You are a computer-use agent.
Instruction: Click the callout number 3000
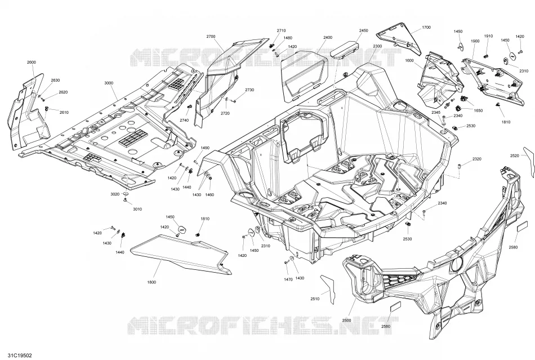pos(109,83)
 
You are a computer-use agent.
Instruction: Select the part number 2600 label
pos(31,62)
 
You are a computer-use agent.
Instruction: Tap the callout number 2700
pos(211,36)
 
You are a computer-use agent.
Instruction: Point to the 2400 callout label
pos(328,37)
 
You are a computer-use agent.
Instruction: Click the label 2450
pos(363,30)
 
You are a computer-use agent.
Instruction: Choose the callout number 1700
pos(426,27)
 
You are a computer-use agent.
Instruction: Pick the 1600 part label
pos(409,60)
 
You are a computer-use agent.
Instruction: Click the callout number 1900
pos(475,41)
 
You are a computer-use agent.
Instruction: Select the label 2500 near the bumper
pos(346,321)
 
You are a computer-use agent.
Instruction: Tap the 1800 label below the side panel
pos(151,282)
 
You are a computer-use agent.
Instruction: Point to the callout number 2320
pos(477,159)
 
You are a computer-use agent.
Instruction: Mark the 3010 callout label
pos(137,209)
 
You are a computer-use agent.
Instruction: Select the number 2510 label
pos(315,299)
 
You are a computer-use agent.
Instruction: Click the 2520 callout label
pos(515,155)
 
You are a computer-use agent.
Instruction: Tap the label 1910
pos(488,36)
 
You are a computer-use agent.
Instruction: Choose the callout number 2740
pos(184,120)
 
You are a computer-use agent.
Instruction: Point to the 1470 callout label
pos(288,279)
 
